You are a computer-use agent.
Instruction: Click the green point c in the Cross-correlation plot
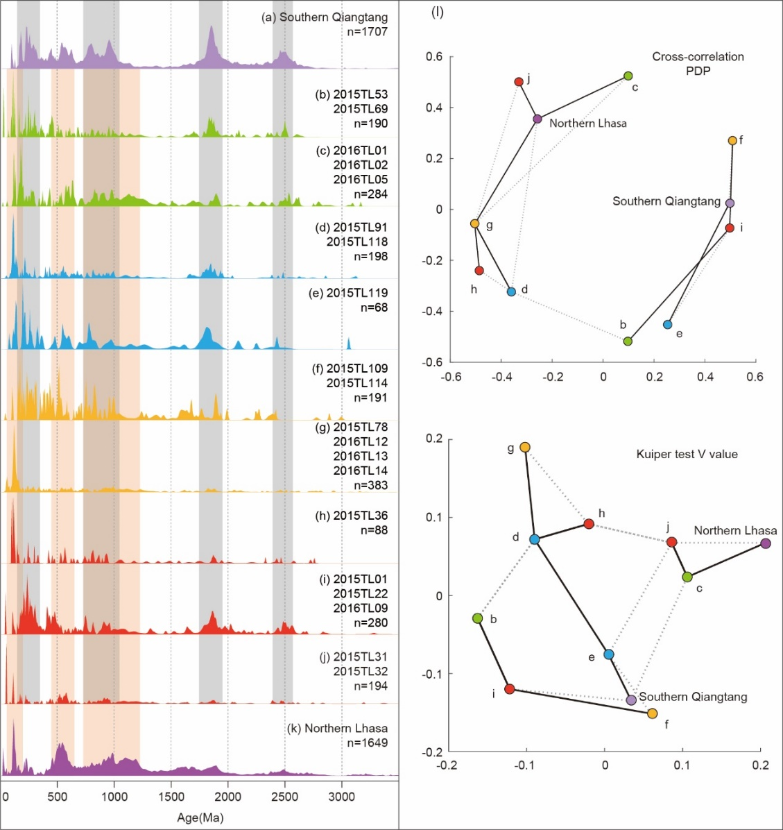[628, 76]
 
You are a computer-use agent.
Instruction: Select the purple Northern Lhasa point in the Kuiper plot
[765, 543]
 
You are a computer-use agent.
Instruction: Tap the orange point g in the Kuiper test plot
[525, 448]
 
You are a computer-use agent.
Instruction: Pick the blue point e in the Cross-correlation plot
[667, 324]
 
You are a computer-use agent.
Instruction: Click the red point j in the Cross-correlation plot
[519, 82]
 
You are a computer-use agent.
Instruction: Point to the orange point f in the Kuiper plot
[652, 713]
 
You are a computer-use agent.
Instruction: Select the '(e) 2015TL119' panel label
[348, 293]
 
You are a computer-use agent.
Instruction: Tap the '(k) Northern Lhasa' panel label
[337, 729]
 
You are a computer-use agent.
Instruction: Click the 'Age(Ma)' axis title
[200, 818]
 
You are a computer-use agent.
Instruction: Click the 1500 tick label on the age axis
[171, 796]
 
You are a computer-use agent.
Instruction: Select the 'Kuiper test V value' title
[687, 455]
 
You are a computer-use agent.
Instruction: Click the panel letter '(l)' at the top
[437, 13]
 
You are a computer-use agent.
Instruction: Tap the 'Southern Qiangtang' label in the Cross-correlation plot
[666, 201]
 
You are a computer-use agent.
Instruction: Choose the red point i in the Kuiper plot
[510, 689]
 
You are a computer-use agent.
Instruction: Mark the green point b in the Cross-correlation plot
[628, 341]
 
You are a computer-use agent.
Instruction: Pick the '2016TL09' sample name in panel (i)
[361, 609]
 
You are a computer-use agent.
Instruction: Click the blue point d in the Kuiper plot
[535, 539]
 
